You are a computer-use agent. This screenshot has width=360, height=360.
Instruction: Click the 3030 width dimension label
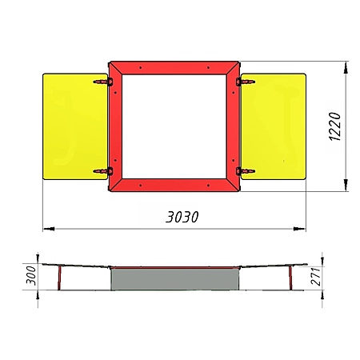pyautogui.click(x=182, y=217)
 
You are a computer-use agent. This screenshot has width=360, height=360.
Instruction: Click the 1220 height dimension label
pyautogui.click(x=334, y=126)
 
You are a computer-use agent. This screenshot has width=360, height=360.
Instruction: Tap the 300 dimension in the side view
pyautogui.click(x=31, y=275)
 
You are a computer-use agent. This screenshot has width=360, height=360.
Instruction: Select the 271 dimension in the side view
pyautogui.click(x=316, y=277)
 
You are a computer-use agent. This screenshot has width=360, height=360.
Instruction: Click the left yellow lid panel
pyautogui.click(x=75, y=126)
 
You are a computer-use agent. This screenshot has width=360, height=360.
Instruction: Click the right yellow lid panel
pyautogui.click(x=274, y=126)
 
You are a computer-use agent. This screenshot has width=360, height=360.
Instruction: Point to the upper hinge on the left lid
pyautogui.click(x=103, y=82)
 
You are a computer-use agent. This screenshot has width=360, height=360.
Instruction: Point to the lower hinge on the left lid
pyautogui.click(x=103, y=171)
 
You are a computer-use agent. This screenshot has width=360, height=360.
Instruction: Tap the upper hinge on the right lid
pyautogui.click(x=246, y=82)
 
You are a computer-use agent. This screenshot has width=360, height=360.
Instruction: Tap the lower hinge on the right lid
pyautogui.click(x=246, y=171)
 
